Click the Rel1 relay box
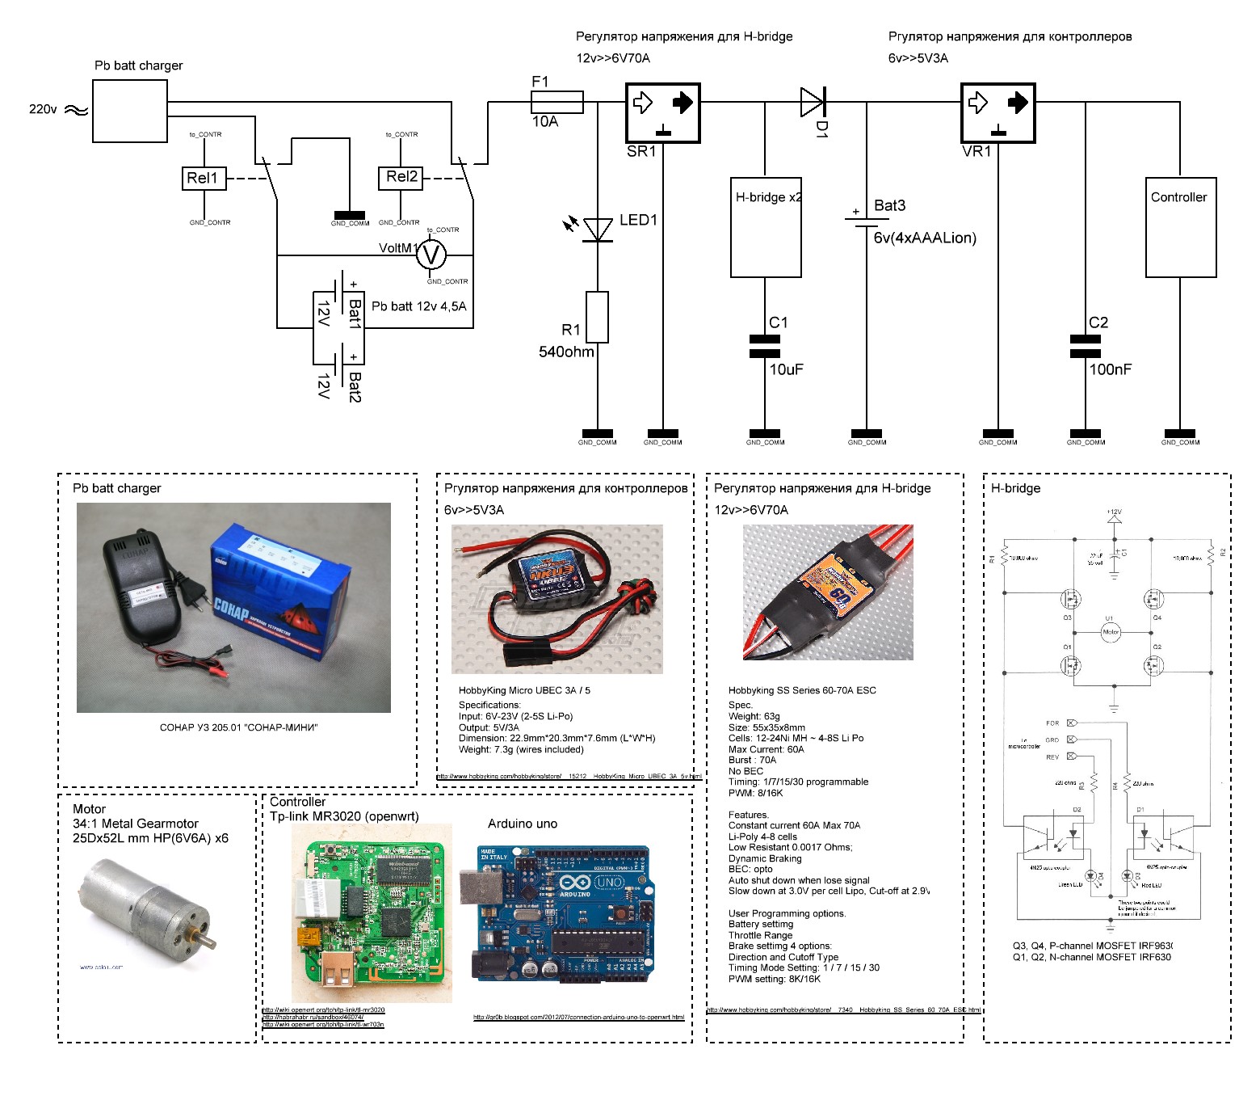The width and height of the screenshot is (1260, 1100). pyautogui.click(x=203, y=178)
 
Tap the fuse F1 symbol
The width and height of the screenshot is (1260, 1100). pyautogui.click(x=557, y=102)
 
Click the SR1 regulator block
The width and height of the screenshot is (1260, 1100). pyautogui.click(x=662, y=113)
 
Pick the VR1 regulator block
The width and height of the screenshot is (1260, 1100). pyautogui.click(x=997, y=113)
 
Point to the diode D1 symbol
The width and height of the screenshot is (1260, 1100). pyautogui.click(x=813, y=103)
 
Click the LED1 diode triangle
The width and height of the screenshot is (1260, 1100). pyautogui.click(x=598, y=230)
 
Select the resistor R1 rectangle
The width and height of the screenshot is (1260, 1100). pyautogui.click(x=598, y=318)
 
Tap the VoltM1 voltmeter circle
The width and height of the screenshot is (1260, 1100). pyautogui.click(x=431, y=255)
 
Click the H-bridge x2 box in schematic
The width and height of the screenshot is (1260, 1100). pyautogui.click(x=766, y=228)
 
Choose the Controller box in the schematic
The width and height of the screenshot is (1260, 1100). pyautogui.click(x=1181, y=228)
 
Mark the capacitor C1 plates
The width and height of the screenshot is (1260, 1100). pyautogui.click(x=765, y=346)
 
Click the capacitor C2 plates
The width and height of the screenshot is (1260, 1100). pyautogui.click(x=1085, y=346)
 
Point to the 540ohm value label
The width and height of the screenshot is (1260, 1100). pyautogui.click(x=566, y=352)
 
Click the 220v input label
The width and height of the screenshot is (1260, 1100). pyautogui.click(x=43, y=109)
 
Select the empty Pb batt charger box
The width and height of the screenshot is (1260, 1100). pyautogui.click(x=130, y=112)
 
